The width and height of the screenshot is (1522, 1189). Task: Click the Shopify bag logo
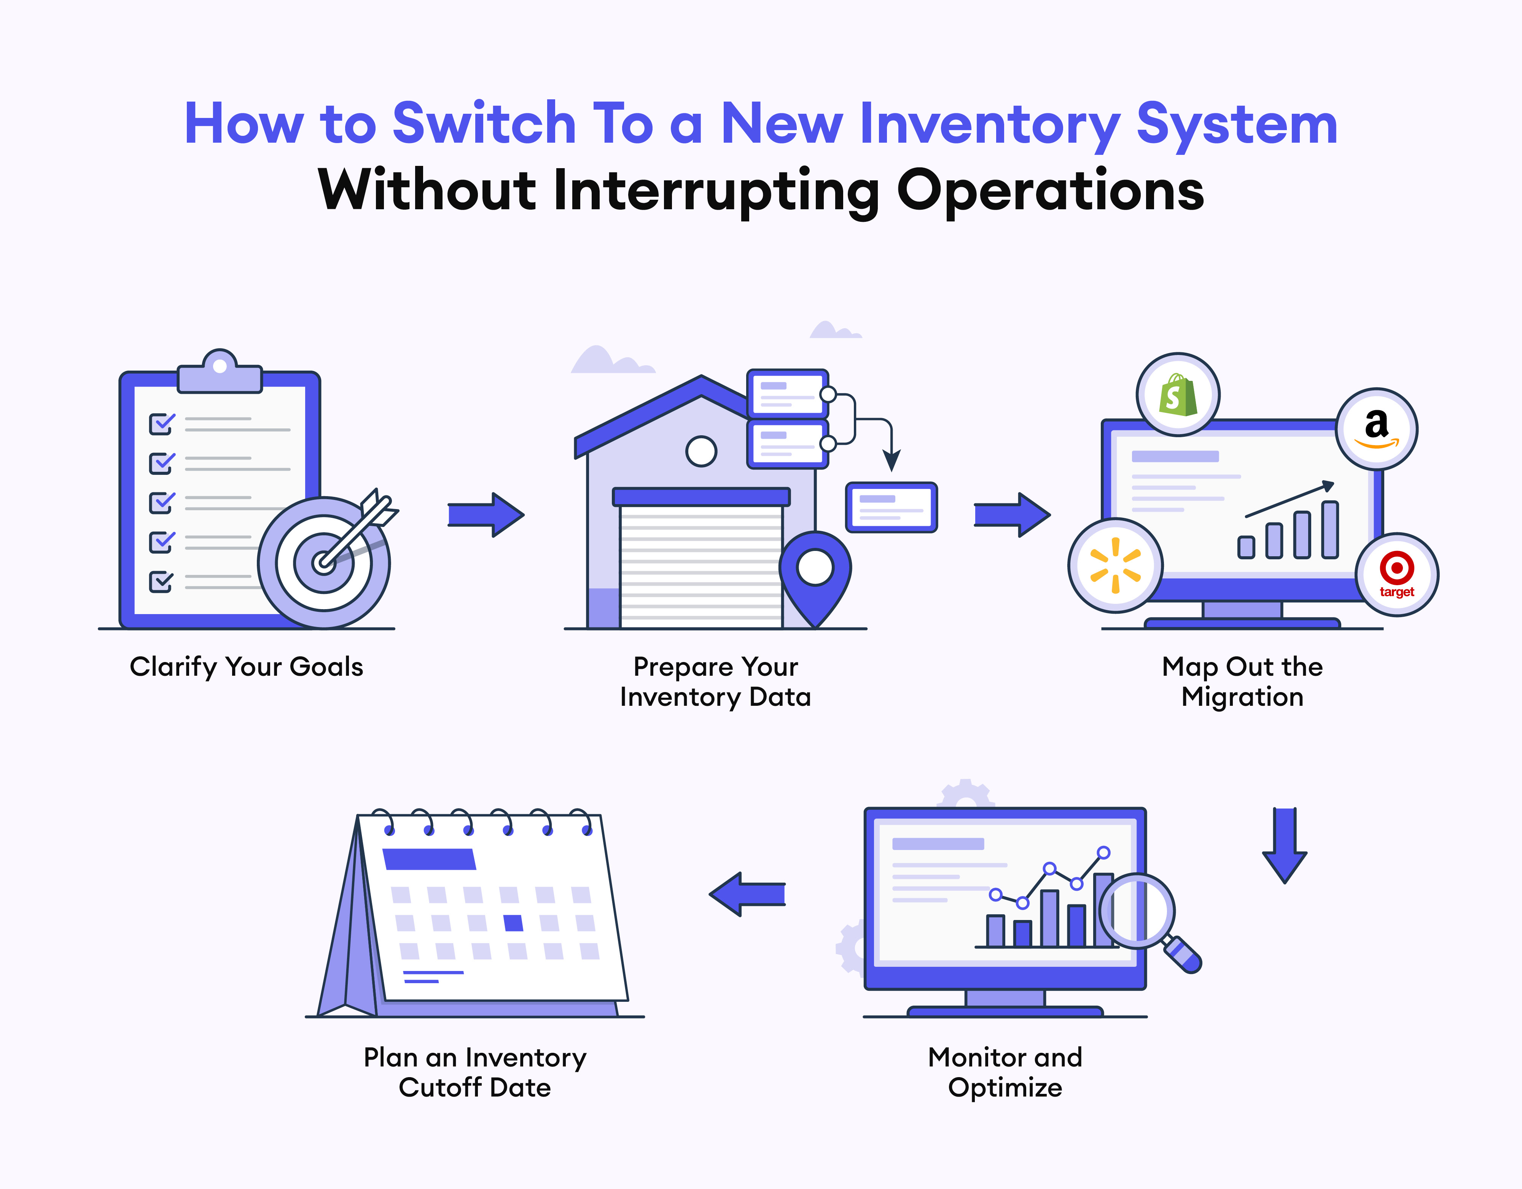[1178, 395]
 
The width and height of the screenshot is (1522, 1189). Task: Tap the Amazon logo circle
[1376, 429]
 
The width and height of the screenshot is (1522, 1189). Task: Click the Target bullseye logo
[1396, 574]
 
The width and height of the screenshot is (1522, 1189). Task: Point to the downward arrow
[1284, 845]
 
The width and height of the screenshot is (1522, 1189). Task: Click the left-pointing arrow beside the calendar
[747, 894]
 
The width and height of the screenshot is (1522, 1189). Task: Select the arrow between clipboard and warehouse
[486, 515]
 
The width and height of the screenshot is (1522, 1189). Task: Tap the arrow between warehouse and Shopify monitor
[1012, 515]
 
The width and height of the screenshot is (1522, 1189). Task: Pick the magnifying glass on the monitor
[1143, 917]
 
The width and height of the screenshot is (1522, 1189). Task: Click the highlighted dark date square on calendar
[514, 923]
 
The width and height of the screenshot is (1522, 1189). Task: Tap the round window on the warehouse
[701, 451]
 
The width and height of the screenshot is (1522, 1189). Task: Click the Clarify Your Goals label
[247, 667]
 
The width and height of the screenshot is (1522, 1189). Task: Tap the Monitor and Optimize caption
[1005, 1072]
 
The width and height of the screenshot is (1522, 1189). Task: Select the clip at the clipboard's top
[220, 373]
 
